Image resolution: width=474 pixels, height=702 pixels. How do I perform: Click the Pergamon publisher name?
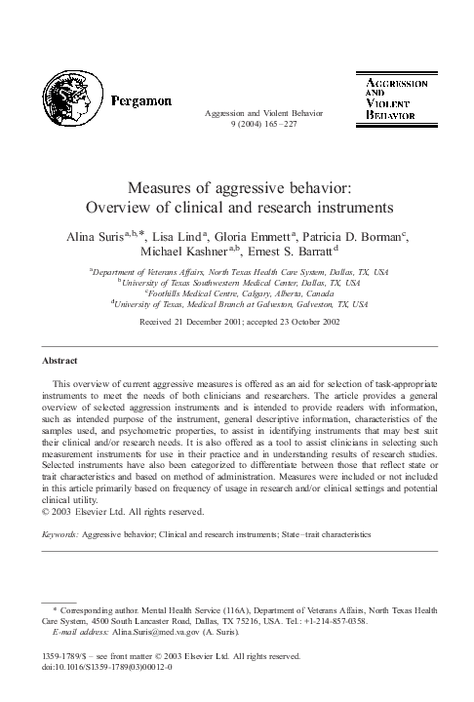click(x=142, y=98)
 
